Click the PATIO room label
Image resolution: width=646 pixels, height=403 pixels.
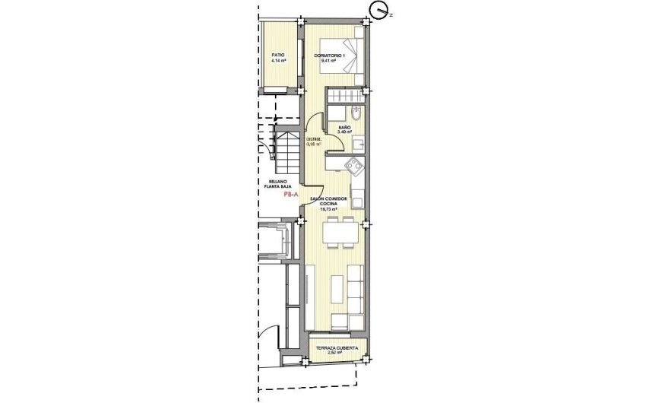279,55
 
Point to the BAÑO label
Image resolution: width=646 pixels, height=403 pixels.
344,126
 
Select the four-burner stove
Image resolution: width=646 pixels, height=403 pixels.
355,164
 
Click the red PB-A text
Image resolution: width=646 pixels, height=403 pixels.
290,195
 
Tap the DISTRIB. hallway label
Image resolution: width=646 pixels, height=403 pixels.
314,139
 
